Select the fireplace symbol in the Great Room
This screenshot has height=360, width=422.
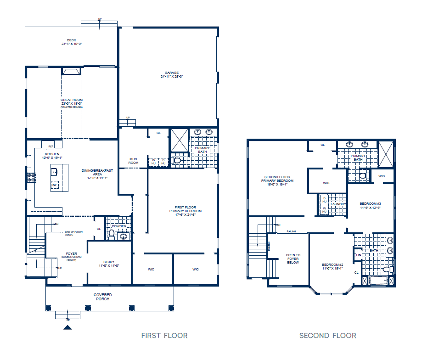click(71, 71)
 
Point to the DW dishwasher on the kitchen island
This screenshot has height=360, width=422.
click(55, 185)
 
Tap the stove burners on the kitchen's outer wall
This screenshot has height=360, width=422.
click(31, 177)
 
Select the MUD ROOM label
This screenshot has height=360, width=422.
click(133, 161)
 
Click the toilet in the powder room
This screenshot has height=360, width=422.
click(112, 234)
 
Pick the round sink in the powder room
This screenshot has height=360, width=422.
click(123, 237)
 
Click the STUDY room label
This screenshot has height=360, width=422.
click(109, 264)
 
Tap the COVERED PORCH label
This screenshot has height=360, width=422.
click(103, 297)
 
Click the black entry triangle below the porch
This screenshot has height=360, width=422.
click(68, 327)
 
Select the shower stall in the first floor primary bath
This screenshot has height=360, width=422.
click(179, 140)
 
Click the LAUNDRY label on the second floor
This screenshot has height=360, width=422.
click(339, 204)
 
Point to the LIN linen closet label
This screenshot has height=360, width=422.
click(359, 255)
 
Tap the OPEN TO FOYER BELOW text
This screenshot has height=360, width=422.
click(293, 259)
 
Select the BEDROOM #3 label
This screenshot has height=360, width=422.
click(370, 205)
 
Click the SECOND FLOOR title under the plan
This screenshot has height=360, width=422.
click(327, 336)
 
